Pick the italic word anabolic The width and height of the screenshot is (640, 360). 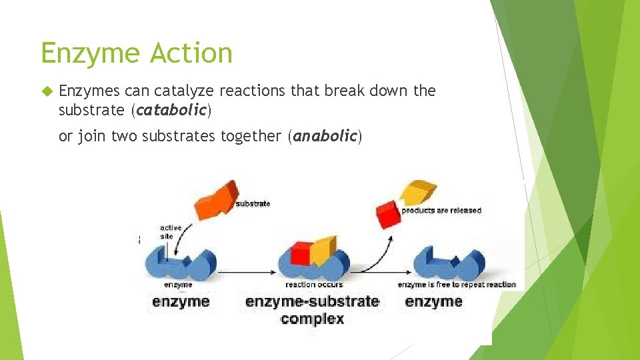pyautogui.click(x=325, y=136)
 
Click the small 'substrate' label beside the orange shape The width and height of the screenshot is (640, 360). pyautogui.click(x=253, y=203)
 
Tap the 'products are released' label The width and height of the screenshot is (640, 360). pyautogui.click(x=441, y=210)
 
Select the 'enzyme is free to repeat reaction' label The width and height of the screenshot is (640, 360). pyautogui.click(x=457, y=285)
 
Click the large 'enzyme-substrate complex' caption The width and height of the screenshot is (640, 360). pyautogui.click(x=312, y=309)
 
